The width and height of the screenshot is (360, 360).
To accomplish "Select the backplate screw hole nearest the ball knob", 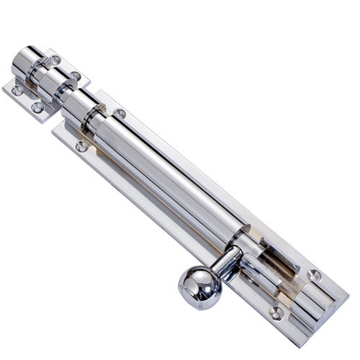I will pos(276,312).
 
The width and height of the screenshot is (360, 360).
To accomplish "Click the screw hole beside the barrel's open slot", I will pos(314,275).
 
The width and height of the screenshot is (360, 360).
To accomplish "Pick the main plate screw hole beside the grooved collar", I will pos(120,114).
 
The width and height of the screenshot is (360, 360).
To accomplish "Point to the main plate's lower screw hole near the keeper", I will pos(81,146).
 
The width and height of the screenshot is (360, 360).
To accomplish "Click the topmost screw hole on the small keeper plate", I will pos(55,60).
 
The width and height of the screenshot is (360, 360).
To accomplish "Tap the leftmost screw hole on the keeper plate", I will pos(17,91).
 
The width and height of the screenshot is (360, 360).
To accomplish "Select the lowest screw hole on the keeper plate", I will pos(37,108).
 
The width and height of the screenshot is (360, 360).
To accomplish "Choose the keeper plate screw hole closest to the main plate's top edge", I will pos(76,76).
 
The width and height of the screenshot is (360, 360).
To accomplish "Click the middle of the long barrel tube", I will pos(173,180).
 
